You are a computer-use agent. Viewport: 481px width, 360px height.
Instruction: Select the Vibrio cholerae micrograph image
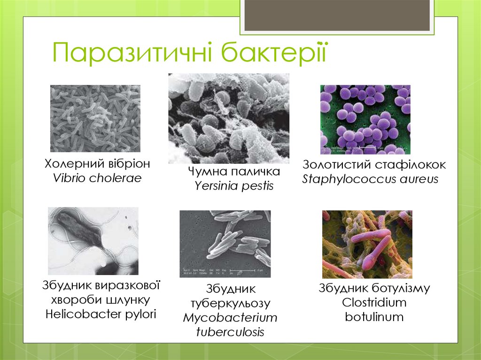tap(95, 118)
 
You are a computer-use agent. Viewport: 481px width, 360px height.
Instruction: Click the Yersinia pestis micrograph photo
tap(229, 118)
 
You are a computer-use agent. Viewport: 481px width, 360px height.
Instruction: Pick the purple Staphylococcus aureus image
tap(365, 119)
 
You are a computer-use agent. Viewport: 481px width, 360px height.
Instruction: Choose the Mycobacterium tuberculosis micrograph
tap(225, 244)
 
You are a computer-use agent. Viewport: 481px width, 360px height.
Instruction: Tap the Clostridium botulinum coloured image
tap(367, 244)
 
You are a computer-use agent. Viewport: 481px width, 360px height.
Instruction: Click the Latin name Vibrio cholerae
tap(97, 178)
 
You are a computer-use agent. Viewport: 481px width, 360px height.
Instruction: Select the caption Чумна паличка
tap(234, 172)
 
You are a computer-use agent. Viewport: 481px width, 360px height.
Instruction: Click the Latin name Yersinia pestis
tap(234, 186)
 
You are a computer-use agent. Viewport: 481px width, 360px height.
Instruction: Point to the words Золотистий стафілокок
tap(374, 165)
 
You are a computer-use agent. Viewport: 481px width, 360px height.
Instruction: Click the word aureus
tap(421, 179)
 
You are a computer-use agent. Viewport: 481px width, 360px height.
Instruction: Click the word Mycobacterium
tap(230, 318)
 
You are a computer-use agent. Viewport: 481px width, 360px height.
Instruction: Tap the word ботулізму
tap(401, 288)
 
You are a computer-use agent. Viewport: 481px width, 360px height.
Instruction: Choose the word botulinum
tap(374, 317)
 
